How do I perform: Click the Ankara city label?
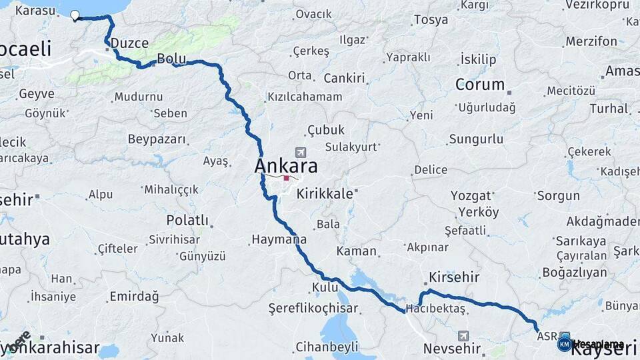pos(286,166)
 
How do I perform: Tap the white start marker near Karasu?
pos(75,15)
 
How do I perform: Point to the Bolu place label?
pos(171,59)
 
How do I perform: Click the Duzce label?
pos(129,43)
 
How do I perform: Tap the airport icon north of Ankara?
pos(300,153)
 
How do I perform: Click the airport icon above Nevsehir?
pos(463,336)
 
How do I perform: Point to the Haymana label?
pos(279,239)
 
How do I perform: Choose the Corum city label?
pos(480,85)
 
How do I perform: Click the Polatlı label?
pos(187,220)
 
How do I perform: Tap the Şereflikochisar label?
pos(313,308)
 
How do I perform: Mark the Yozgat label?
pos(471,196)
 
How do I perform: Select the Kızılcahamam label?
pos(305,97)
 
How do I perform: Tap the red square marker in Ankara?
pos(287,178)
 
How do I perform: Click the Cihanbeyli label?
pos(327,346)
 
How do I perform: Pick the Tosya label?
pos(431,20)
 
